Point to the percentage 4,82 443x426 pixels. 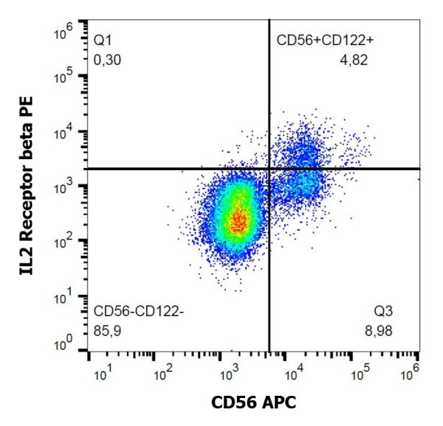pyautogui.click(x=352, y=58)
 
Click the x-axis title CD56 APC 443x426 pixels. pyautogui.click(x=253, y=402)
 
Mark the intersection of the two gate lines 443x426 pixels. pyautogui.click(x=269, y=169)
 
